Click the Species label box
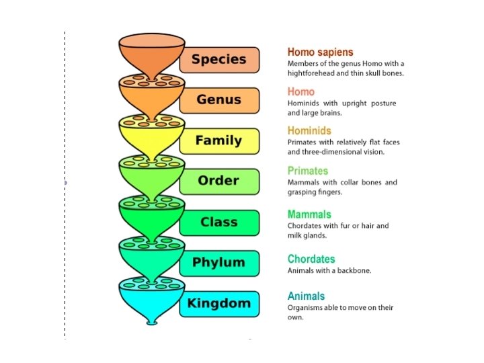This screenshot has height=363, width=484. (x=219, y=59)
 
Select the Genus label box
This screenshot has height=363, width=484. (x=219, y=100)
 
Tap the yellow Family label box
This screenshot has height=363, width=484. (x=219, y=140)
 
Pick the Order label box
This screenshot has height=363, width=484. (x=219, y=181)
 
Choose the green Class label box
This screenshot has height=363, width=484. (x=219, y=223)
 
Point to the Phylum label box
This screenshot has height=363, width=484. (x=219, y=262)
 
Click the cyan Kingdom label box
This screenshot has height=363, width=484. (x=219, y=303)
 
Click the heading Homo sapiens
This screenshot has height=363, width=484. (x=320, y=52)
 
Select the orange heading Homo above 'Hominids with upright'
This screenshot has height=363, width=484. (x=300, y=91)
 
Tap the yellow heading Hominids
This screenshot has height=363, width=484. (x=309, y=130)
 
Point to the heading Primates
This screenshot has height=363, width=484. (x=307, y=171)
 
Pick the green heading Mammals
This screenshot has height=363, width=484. (x=309, y=214)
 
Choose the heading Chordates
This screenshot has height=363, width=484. (x=311, y=259)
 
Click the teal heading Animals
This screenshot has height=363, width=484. (x=306, y=296)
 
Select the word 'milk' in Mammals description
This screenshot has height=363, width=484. (x=296, y=236)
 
